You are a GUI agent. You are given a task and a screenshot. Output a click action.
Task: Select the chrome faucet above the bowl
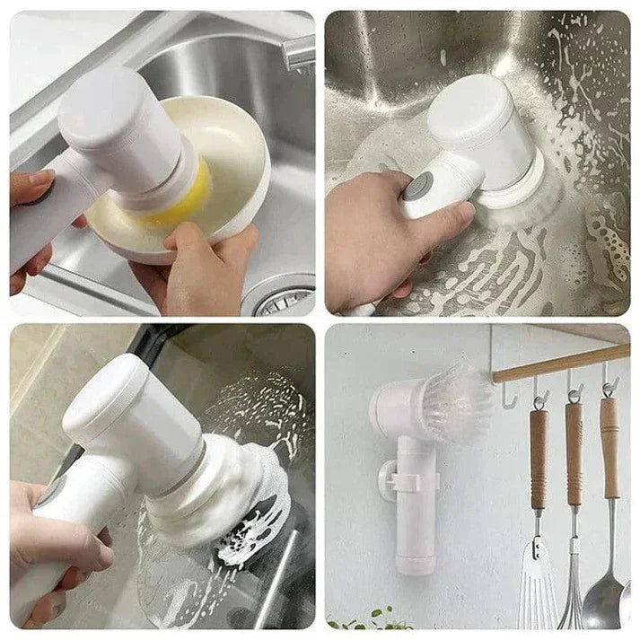coord(299,54)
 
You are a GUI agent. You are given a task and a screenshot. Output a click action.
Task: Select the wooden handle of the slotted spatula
coord(539,458)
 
